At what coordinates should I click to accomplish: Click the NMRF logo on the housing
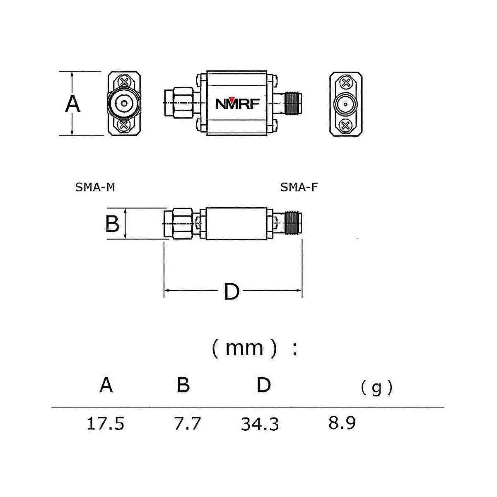237,104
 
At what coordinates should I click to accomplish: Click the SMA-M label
95,188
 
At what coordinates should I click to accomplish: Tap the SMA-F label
299,188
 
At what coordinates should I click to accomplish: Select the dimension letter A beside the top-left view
73,104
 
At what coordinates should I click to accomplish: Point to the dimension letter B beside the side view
112,224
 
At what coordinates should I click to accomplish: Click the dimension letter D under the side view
232,292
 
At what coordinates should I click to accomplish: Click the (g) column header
376,388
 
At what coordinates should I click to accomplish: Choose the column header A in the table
106,385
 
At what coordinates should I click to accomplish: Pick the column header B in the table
183,385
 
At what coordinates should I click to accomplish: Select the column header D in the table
263,385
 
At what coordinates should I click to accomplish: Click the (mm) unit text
244,348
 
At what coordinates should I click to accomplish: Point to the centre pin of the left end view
123,104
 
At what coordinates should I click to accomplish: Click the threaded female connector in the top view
292,104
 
